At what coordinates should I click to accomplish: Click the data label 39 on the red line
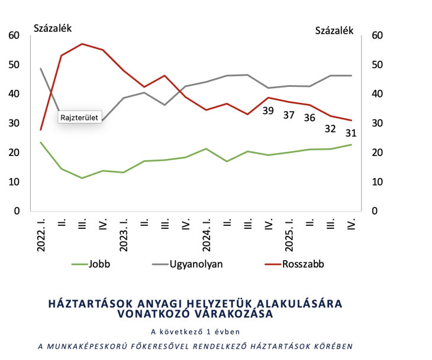[x=268, y=111]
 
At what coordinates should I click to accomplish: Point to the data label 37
[x=289, y=115]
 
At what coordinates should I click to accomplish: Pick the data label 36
[x=310, y=118]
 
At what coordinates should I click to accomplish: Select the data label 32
[x=330, y=129]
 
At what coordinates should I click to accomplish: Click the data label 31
[x=351, y=133]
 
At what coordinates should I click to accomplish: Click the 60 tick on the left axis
[x=14, y=35]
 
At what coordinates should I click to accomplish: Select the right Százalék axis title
[x=334, y=30]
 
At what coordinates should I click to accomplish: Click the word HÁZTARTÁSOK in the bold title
[x=89, y=304]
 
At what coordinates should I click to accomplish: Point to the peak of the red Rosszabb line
[x=82, y=44]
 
